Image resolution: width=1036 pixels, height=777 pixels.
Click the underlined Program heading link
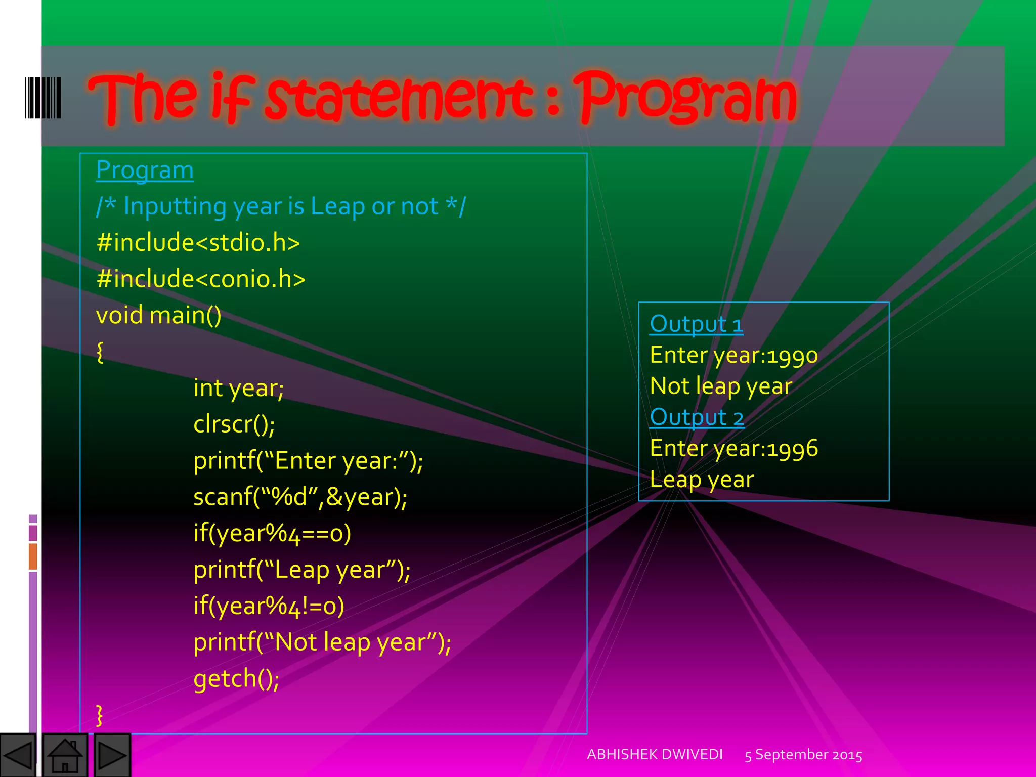(145, 170)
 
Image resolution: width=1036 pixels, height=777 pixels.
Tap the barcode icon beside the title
(43, 98)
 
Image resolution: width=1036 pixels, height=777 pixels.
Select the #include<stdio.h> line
(198, 242)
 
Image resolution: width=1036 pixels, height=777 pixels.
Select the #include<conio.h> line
(200, 279)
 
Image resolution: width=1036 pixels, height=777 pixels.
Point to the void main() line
(158, 315)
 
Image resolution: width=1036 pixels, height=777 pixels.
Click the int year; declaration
(238, 388)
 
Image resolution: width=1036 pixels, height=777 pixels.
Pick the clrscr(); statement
(234, 424)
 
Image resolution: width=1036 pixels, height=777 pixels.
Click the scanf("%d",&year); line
(300, 497)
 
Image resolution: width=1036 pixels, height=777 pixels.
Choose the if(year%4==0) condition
(272, 533)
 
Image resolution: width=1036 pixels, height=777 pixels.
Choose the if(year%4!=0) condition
(269, 606)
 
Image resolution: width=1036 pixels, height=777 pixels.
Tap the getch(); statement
(236, 678)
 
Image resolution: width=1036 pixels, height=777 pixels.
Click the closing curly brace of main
(100, 715)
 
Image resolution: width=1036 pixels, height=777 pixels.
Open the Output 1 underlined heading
(696, 324)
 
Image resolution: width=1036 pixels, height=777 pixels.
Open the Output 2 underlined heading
(697, 417)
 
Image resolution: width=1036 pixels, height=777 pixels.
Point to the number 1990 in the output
(792, 356)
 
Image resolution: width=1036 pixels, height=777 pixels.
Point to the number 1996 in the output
(792, 449)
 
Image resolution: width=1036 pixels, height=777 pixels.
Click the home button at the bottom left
(65, 755)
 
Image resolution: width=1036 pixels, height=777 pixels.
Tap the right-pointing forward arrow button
(111, 755)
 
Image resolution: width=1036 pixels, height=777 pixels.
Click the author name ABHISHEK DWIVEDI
(655, 754)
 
